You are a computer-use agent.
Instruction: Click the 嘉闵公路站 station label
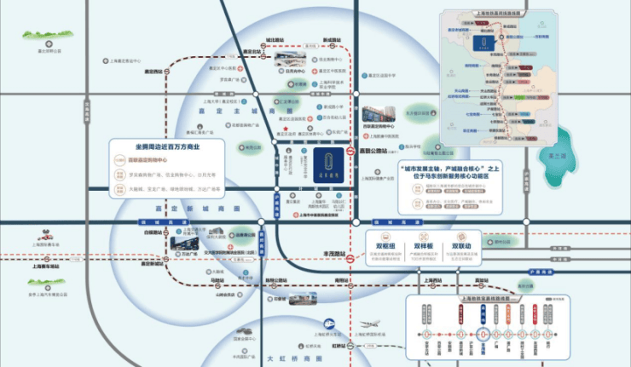373,152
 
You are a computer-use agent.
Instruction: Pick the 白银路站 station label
153,231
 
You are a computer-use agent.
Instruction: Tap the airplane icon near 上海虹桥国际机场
366,324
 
